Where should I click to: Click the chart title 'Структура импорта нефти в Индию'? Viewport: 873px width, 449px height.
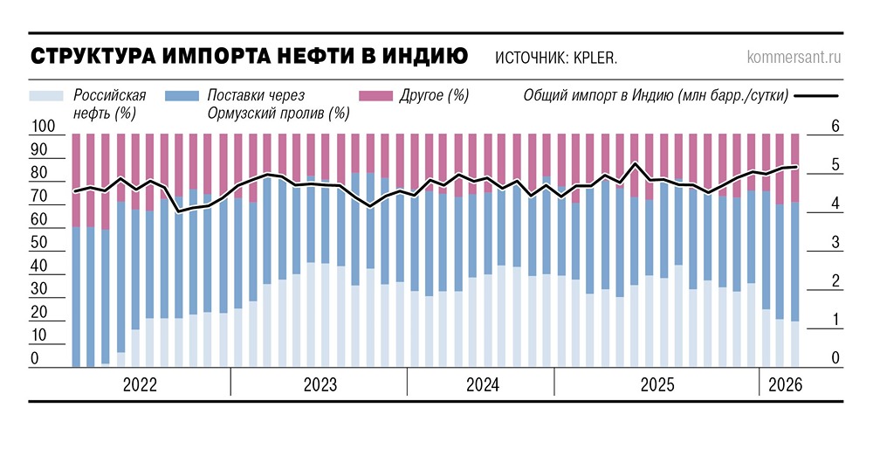249,57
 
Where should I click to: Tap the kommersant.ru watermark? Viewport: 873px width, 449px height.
794,59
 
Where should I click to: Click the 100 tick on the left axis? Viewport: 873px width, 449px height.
43,128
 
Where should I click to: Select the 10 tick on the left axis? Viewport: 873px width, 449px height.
40,336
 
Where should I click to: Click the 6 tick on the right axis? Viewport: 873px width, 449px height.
835,128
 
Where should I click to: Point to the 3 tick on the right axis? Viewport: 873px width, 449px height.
835,242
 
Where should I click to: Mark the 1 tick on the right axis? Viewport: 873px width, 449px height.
835,321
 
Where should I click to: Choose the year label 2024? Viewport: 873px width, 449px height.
482,384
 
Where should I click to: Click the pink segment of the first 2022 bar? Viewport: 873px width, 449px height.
76,179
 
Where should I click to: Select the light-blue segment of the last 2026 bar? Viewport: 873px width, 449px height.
794,344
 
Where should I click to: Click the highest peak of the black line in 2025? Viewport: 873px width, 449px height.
635,163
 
